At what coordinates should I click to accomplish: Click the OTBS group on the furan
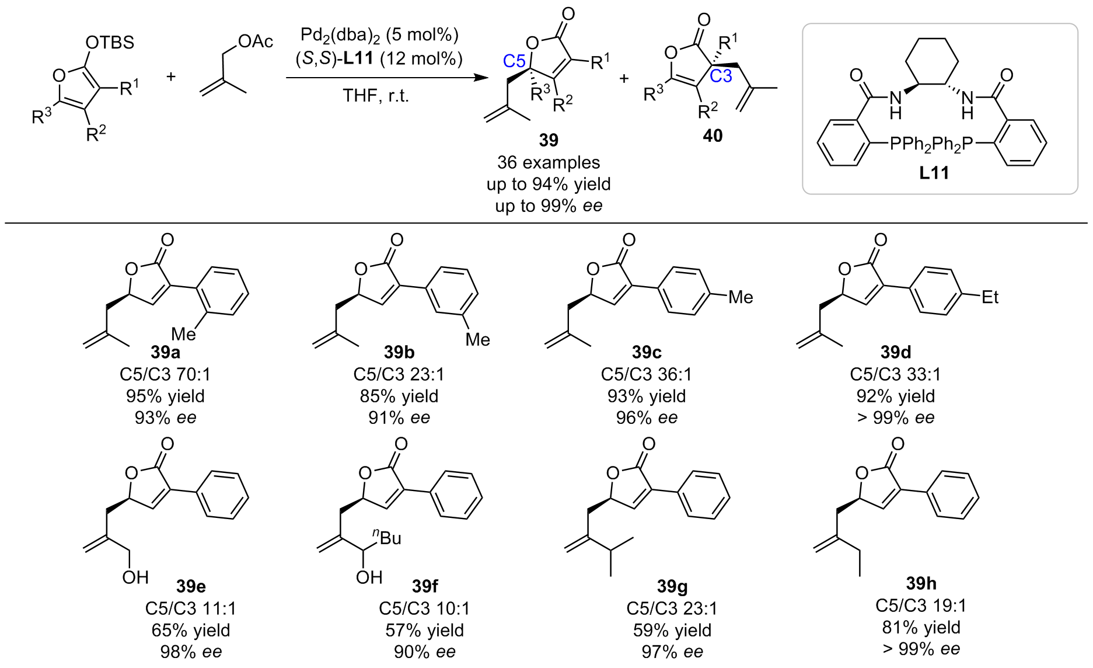pos(110,43)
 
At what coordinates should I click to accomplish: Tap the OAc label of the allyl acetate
pos(256,41)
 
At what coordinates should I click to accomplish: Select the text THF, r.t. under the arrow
pos(376,95)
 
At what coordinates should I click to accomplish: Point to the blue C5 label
pos(514,61)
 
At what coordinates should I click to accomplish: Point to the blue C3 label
pos(721,76)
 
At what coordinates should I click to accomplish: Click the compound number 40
pos(713,136)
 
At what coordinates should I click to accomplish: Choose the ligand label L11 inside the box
pos(934,173)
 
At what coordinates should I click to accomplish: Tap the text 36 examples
pos(549,162)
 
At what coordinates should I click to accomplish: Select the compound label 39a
pos(165,352)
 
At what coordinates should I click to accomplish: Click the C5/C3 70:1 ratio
pos(165,374)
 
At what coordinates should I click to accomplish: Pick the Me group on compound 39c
pos(741,297)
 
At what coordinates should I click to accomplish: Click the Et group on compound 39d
pos(990,297)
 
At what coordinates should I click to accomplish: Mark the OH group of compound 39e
pos(135,577)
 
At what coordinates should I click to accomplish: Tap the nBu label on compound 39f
pos(387,537)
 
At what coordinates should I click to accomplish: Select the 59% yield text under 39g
pos(672,631)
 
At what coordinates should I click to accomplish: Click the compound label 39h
pos(921,583)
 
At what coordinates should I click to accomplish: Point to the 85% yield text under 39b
pos(399,396)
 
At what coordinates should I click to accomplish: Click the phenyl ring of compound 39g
pos(704,495)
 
